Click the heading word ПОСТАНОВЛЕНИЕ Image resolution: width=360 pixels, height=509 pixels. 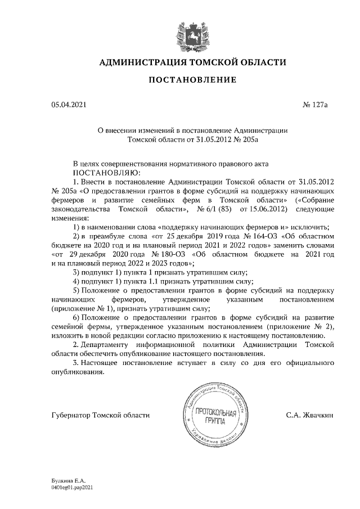[192, 80]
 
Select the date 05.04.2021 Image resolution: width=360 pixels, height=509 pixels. [69, 105]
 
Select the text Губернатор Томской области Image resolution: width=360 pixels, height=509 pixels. [100, 415]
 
